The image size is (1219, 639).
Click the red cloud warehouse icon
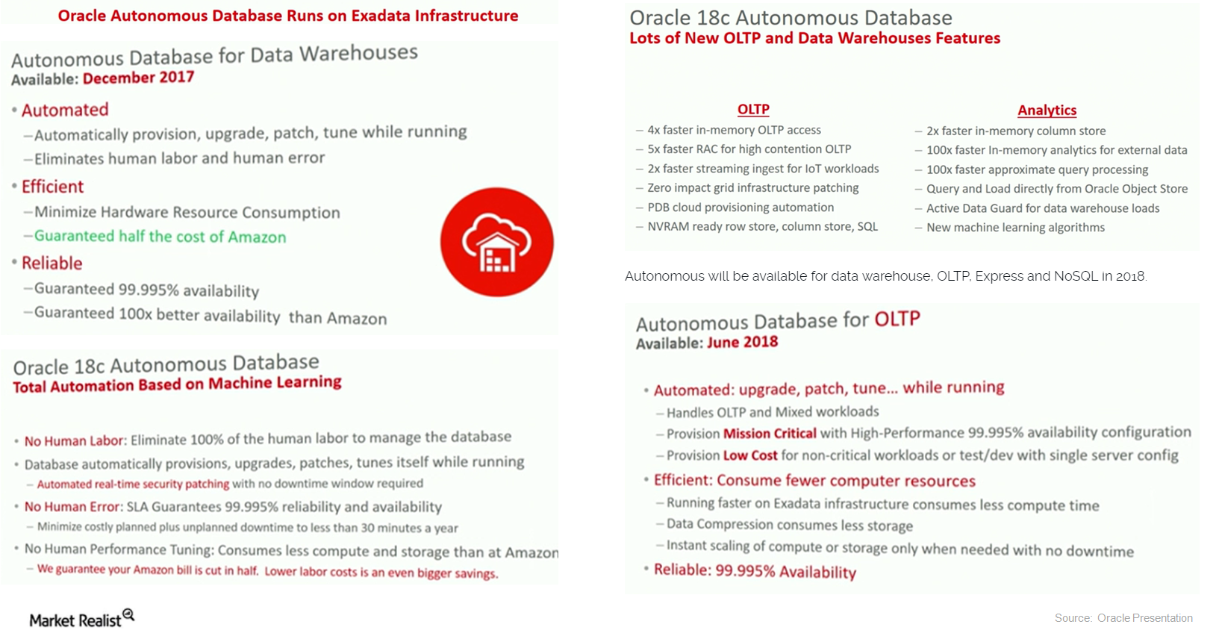(496, 243)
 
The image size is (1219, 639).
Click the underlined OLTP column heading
(753, 110)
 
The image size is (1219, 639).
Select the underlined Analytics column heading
(1047, 110)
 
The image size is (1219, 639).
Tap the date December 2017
(138, 78)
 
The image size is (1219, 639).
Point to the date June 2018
(742, 342)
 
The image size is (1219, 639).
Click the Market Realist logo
(81, 619)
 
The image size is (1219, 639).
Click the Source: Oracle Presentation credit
(1123, 617)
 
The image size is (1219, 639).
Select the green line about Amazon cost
(160, 237)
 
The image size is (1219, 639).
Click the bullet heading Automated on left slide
(65, 110)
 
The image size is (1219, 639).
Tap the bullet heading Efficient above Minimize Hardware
(52, 187)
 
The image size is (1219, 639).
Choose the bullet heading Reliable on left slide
(52, 264)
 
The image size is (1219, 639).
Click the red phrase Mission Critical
(770, 433)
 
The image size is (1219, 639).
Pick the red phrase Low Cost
(749, 455)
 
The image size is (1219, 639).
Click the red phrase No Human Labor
(75, 441)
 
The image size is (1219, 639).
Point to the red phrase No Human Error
(72, 507)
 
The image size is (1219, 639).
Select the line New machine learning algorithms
(1015, 228)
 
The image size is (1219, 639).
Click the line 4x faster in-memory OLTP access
(734, 130)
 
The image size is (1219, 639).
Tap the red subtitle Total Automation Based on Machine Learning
(177, 384)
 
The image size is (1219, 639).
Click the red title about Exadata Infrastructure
(287, 16)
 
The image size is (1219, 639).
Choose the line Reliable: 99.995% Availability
(755, 571)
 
